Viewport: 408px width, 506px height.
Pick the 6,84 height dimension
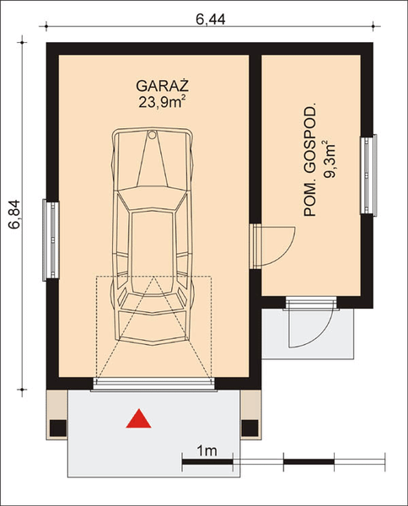tap(14, 211)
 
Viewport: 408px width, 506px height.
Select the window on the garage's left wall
tap(50, 240)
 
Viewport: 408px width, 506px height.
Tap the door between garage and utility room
tap(270, 245)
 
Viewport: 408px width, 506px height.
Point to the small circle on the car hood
tap(152, 134)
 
